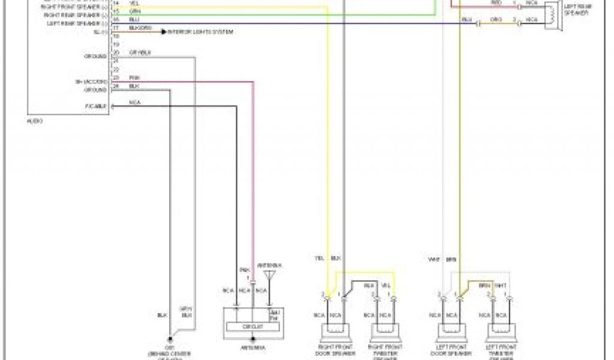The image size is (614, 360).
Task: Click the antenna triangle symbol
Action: (x=270, y=275)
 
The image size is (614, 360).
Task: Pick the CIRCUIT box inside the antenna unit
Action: (x=249, y=326)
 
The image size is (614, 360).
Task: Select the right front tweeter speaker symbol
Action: (x=385, y=330)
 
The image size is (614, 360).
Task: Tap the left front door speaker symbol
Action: (x=452, y=330)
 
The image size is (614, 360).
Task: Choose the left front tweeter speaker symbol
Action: (x=501, y=330)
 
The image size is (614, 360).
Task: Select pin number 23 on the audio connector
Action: (x=115, y=79)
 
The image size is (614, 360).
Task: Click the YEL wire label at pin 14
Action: (x=134, y=3)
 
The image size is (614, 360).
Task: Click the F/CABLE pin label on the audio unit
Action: (x=96, y=107)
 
